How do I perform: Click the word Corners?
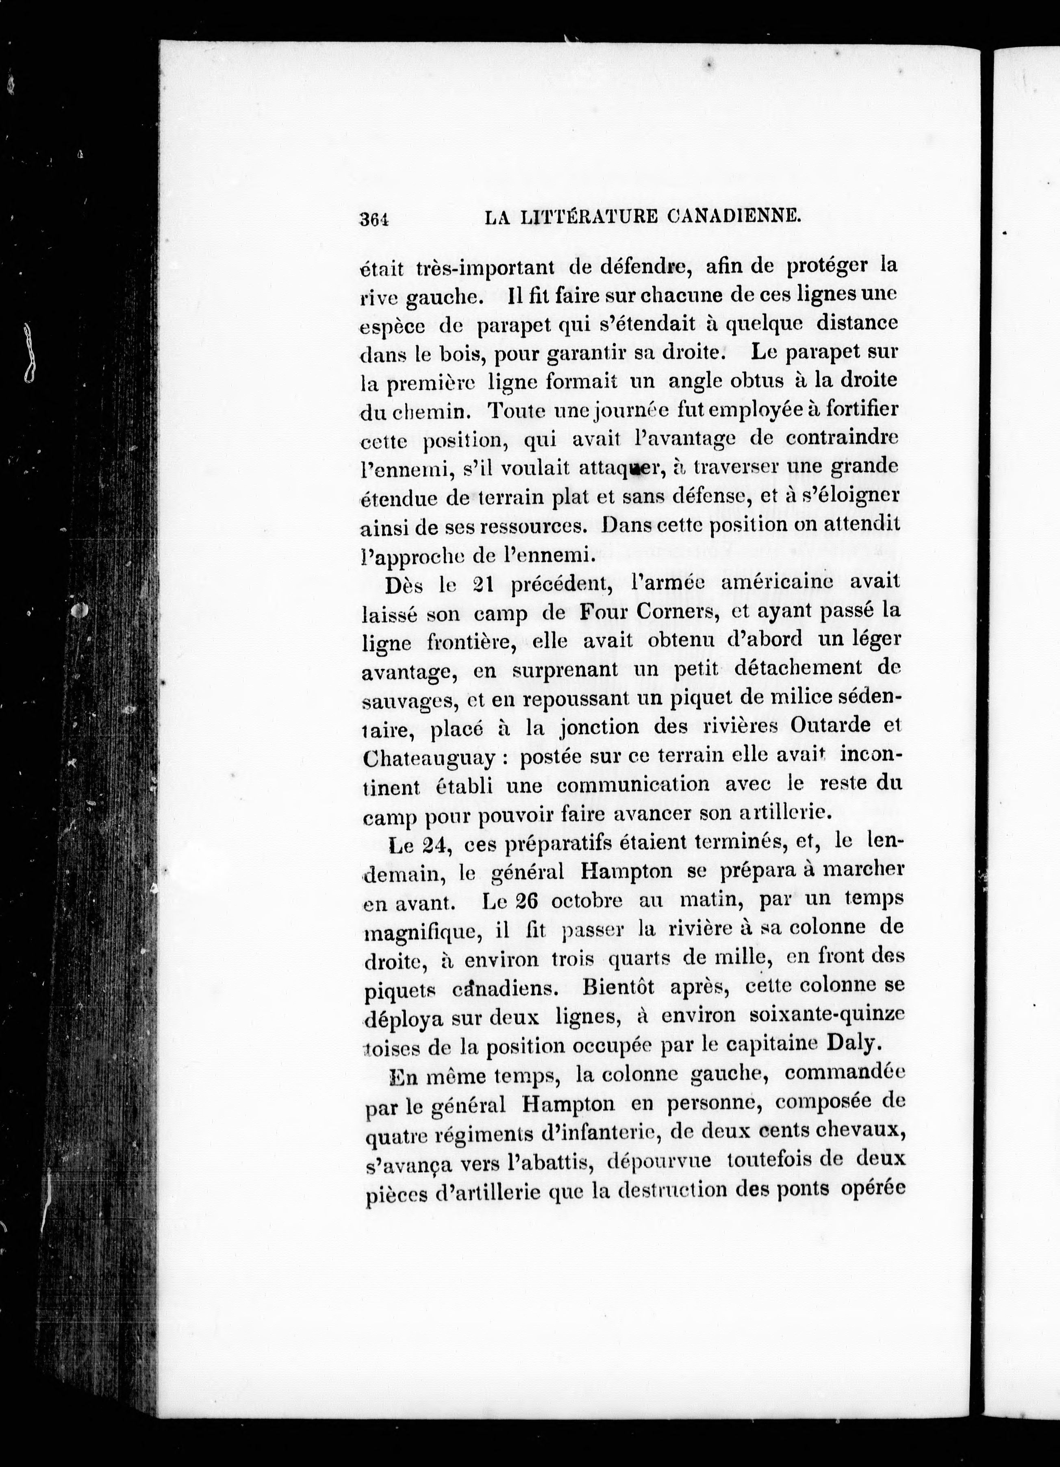pyautogui.click(x=673, y=611)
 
